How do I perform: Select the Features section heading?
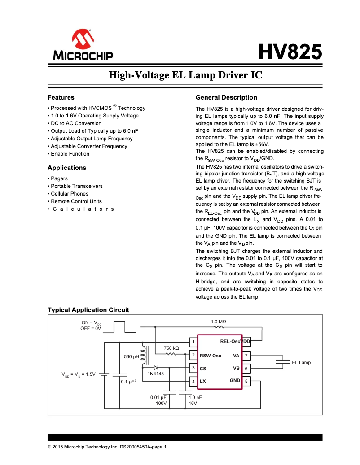tap(61, 97)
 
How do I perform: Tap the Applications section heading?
tap(66, 168)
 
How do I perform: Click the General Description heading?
tap(226, 97)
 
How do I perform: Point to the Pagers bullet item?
tap(59, 178)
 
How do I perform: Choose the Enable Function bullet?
tap(70, 154)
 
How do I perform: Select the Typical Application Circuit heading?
tap(88, 310)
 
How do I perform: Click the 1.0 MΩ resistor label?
tap(218, 322)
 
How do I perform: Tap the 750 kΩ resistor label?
tap(171, 348)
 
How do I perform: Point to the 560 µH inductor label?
tap(131, 357)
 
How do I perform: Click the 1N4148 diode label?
tap(155, 374)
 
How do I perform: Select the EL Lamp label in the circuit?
tap(301, 362)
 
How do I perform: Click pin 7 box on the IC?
tap(246, 356)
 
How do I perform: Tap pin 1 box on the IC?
tap(193, 343)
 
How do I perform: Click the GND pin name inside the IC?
tap(235, 380)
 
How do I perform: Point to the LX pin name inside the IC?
tap(203, 382)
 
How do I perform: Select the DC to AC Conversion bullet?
tap(76, 123)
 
